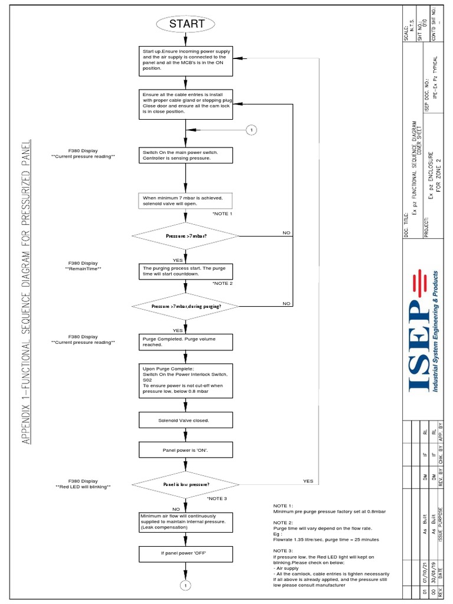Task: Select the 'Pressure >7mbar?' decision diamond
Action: coord(186,236)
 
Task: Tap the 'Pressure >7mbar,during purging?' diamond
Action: coord(186,306)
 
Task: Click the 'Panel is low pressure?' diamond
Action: coord(186,484)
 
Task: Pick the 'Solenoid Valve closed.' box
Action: coord(186,420)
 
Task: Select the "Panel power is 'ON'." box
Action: coord(186,451)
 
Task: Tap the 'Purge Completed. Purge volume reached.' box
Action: coord(186,342)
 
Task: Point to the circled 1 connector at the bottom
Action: coord(186,585)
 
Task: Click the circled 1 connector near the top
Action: coord(251,129)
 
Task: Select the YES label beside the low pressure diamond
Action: coord(308,481)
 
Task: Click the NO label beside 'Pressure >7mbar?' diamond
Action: coord(287,233)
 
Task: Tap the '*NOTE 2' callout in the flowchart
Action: coord(223,283)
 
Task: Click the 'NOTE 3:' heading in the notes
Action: coord(283,550)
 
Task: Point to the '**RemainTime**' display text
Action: coord(83,269)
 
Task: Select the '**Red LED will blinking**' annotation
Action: coord(83,487)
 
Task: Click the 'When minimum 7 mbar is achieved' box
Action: coord(186,201)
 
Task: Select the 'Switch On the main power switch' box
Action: coord(186,156)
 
